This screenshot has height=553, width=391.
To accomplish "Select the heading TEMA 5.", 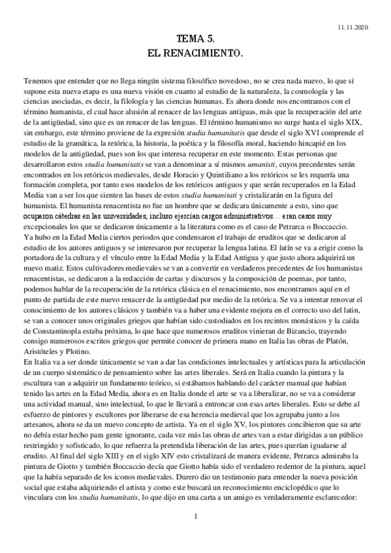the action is pyautogui.click(x=195, y=40).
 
